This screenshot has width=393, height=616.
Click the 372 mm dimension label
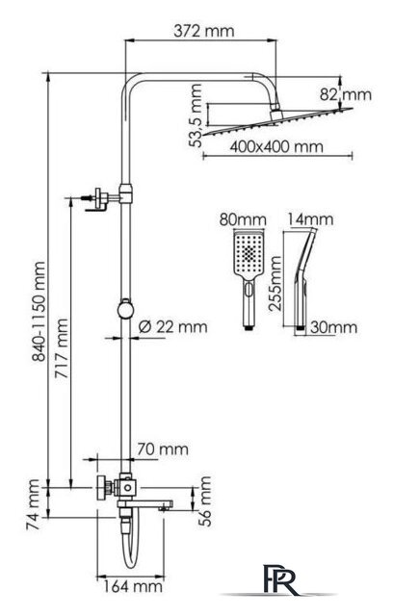tap(203, 31)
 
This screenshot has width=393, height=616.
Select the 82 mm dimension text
tap(345, 94)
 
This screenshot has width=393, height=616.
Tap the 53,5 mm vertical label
tap(196, 115)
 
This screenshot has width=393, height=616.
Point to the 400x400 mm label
tap(276, 147)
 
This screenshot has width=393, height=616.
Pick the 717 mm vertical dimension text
tap(62, 348)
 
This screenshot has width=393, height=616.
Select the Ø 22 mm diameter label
tap(173, 326)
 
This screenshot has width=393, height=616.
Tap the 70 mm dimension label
tap(163, 449)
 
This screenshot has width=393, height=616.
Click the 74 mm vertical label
tap(33, 504)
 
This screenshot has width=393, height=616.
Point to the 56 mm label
tap(205, 500)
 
